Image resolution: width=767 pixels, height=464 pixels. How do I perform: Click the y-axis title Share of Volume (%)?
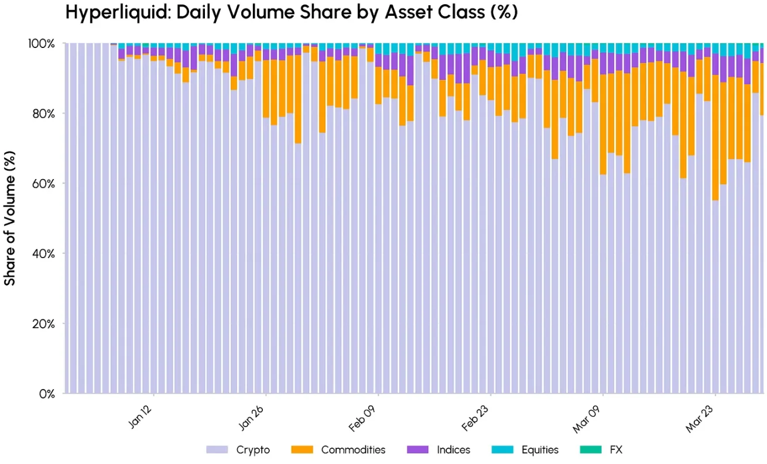pyautogui.click(x=10, y=218)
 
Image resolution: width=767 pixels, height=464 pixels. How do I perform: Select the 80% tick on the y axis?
pyautogui.click(x=42, y=114)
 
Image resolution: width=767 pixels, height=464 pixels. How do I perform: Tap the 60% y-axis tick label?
pyautogui.click(x=42, y=184)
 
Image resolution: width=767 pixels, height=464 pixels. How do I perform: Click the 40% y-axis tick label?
pyautogui.click(x=42, y=254)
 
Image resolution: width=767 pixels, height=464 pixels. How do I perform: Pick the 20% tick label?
pyautogui.click(x=42, y=324)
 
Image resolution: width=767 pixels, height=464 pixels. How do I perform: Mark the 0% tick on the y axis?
pyautogui.click(x=46, y=394)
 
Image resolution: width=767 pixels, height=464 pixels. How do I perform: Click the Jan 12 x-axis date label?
pyautogui.click(x=142, y=415)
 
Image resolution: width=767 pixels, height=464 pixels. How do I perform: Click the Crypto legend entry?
pyautogui.click(x=253, y=450)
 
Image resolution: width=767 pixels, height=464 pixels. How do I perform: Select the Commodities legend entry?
pyautogui.click(x=353, y=450)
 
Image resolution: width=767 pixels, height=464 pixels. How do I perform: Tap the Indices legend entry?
pyautogui.click(x=453, y=450)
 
